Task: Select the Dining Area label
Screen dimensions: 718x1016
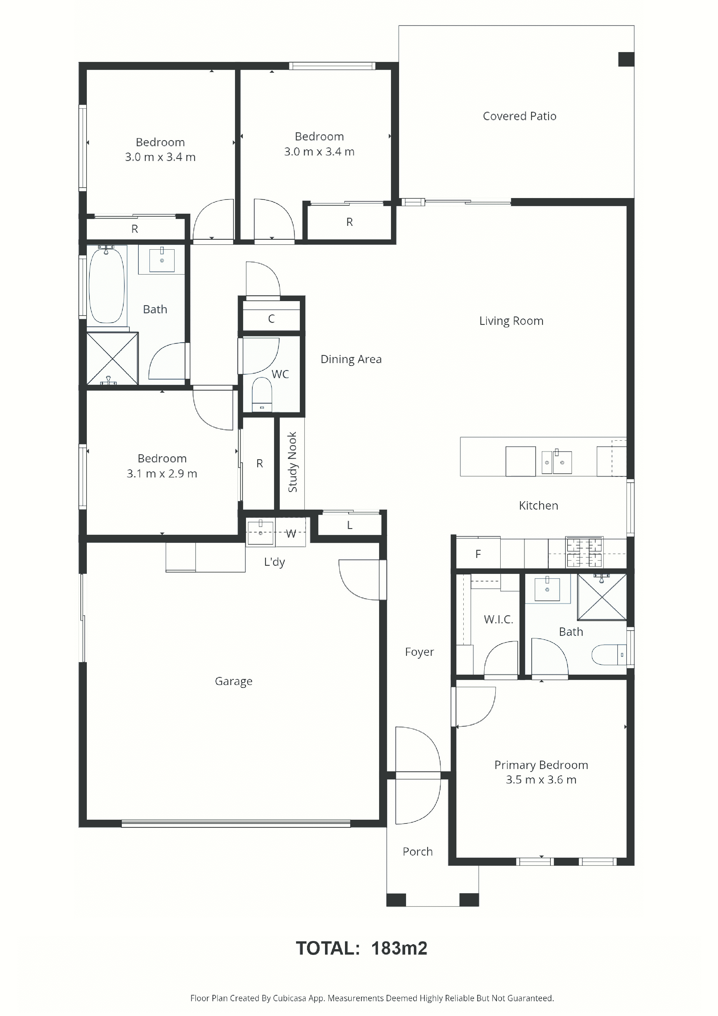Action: [351, 359]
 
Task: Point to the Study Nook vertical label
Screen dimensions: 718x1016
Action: [292, 462]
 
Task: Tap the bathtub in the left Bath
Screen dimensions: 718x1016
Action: [106, 285]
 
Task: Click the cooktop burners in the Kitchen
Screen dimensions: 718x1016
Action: [584, 552]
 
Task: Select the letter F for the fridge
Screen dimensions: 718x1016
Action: [478, 554]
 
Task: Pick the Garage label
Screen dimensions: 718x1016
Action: [234, 682]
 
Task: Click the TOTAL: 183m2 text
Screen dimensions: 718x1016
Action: [361, 948]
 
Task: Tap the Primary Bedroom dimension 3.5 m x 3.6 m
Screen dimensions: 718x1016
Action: [541, 780]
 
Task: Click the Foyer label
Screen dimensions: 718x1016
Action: [419, 652]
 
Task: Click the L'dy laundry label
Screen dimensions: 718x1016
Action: [274, 562]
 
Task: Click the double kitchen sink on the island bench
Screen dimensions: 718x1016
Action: [557, 462]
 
